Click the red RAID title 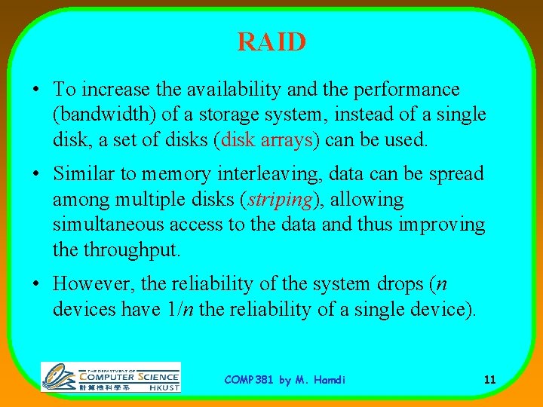coord(271,41)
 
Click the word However coord(94,284)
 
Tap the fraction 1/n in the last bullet coord(190,310)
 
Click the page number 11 coord(489,380)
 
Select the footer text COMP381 coord(250,380)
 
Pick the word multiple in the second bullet coord(133,200)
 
